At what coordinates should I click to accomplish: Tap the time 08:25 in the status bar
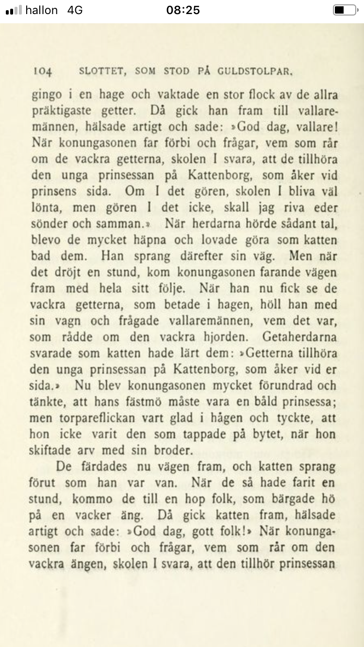pos(182,10)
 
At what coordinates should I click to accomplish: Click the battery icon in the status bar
pos(345,10)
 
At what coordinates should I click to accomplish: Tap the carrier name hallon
pos(41,10)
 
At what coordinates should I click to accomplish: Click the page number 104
pos(43,72)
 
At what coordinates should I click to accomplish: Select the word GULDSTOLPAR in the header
pos(255,72)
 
